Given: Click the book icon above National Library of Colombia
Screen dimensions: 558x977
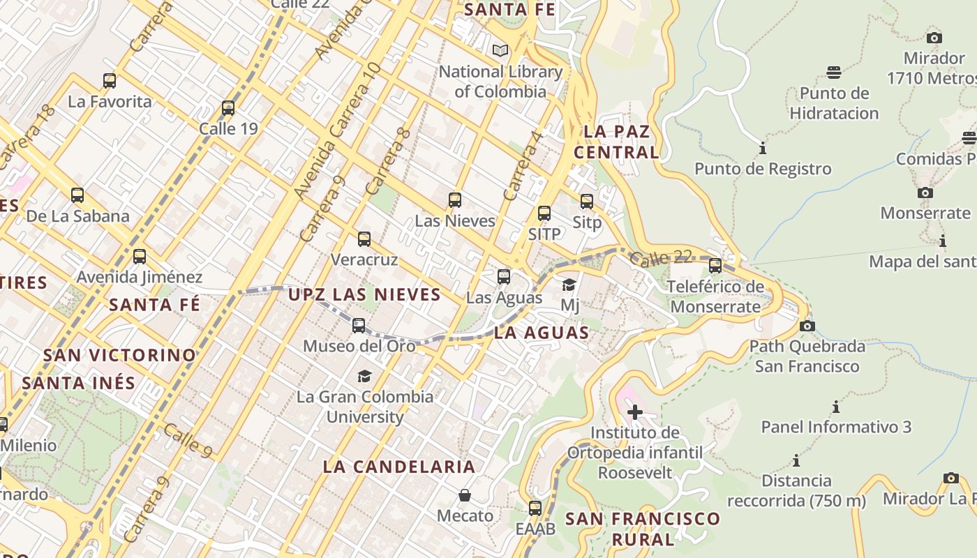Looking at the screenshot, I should pyautogui.click(x=500, y=50).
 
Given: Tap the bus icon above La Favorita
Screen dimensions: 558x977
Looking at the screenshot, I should pyautogui.click(x=110, y=80).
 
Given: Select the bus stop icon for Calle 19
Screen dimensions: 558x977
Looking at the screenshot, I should pyautogui.click(x=228, y=108).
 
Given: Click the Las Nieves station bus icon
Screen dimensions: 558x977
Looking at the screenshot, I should pyautogui.click(x=455, y=200).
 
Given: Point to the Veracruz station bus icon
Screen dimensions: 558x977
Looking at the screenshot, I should pyautogui.click(x=364, y=239).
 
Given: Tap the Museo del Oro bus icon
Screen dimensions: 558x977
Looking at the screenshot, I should pyautogui.click(x=359, y=325).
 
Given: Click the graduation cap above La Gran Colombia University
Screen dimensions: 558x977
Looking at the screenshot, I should pyautogui.click(x=364, y=376).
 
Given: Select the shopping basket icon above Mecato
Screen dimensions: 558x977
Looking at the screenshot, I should pyautogui.click(x=465, y=495).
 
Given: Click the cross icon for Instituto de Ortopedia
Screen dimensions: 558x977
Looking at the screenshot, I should pyautogui.click(x=634, y=412).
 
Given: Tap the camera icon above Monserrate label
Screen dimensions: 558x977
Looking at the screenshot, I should pyautogui.click(x=925, y=193).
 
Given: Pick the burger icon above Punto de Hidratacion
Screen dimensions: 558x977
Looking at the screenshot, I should pyautogui.click(x=834, y=73).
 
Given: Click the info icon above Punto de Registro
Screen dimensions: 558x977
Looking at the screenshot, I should pyautogui.click(x=763, y=148).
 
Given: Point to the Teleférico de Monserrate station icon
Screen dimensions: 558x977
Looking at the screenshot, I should pyautogui.click(x=715, y=266).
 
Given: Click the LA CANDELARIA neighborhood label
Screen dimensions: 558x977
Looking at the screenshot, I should pyautogui.click(x=399, y=467).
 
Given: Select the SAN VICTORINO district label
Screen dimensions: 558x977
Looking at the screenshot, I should pyautogui.click(x=120, y=355).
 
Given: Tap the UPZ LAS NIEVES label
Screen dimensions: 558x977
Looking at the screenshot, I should pyautogui.click(x=365, y=294).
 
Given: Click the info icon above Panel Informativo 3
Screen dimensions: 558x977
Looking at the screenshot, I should pyautogui.click(x=836, y=407).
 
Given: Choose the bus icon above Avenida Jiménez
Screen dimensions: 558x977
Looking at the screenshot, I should pyautogui.click(x=140, y=257).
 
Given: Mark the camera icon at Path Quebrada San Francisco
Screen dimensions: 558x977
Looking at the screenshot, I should pyautogui.click(x=807, y=326).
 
